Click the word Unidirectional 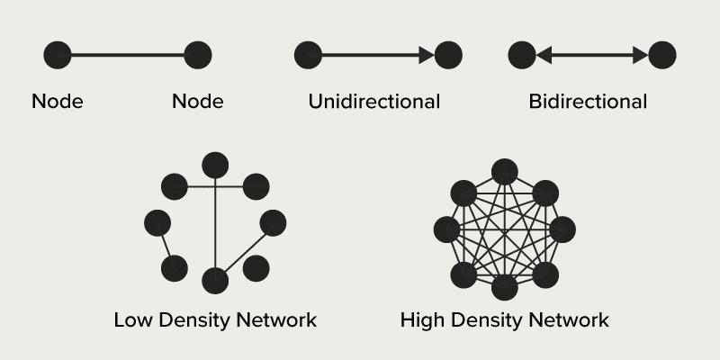click(x=373, y=101)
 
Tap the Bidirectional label click(x=588, y=101)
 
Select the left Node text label click(x=57, y=101)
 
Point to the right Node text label click(x=197, y=101)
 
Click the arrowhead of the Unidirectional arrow click(x=426, y=55)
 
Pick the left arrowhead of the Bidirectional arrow click(x=543, y=55)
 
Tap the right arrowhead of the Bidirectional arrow click(x=640, y=55)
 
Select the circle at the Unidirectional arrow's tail click(x=308, y=55)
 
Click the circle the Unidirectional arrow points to click(x=448, y=55)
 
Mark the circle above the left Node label click(x=58, y=55)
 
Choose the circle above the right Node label click(x=197, y=55)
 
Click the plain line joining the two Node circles click(x=127, y=55)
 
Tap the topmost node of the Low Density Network click(x=215, y=165)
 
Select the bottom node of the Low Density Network click(x=215, y=281)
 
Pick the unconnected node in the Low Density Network click(x=256, y=267)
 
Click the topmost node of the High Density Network click(x=504, y=171)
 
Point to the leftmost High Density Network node click(x=447, y=229)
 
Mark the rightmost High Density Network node click(x=562, y=229)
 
